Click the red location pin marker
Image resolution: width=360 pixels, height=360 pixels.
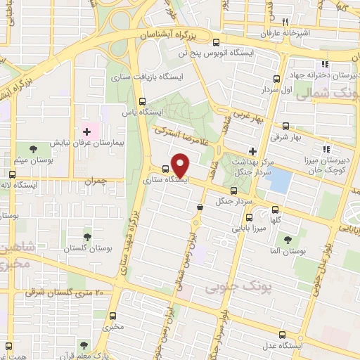181,166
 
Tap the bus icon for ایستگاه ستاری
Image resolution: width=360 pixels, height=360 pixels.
165,169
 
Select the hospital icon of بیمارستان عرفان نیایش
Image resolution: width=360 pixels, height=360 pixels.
87,130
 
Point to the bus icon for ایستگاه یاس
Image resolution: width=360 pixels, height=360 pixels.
143,101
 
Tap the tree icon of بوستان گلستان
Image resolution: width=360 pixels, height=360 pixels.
87,237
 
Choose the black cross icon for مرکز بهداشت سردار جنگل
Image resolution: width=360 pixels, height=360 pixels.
252,151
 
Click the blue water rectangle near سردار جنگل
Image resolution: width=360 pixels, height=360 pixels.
279,181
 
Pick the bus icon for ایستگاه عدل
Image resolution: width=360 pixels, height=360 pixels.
282,335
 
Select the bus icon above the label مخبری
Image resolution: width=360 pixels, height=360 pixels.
113,316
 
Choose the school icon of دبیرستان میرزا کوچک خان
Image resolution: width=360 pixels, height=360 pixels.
325,148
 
